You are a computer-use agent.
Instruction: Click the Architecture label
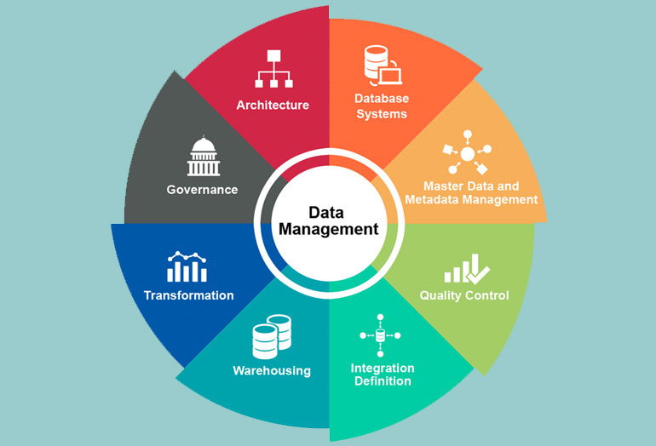click(x=273, y=105)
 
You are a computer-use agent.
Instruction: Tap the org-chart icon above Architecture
click(x=273, y=69)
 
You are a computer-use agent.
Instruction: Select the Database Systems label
click(x=381, y=106)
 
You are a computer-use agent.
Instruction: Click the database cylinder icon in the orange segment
click(x=376, y=64)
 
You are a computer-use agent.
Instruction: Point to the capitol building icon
click(x=204, y=156)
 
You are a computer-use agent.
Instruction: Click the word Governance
click(x=202, y=190)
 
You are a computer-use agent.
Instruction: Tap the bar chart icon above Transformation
click(x=187, y=266)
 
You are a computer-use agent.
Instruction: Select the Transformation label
click(x=188, y=295)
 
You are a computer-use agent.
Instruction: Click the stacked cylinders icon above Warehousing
click(x=272, y=337)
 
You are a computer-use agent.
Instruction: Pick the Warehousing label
click(x=272, y=371)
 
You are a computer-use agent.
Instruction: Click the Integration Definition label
click(x=383, y=375)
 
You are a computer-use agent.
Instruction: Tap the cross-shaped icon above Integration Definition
click(x=380, y=335)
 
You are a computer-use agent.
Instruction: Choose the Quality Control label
click(x=464, y=295)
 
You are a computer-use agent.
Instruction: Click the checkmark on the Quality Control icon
click(x=478, y=275)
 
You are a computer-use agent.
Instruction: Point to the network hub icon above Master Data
click(x=468, y=152)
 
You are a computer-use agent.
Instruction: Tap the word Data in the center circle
click(x=326, y=212)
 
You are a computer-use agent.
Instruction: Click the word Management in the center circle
click(x=329, y=230)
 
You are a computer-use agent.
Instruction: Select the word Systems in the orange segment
click(x=382, y=114)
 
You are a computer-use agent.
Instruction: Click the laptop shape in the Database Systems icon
click(x=391, y=76)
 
